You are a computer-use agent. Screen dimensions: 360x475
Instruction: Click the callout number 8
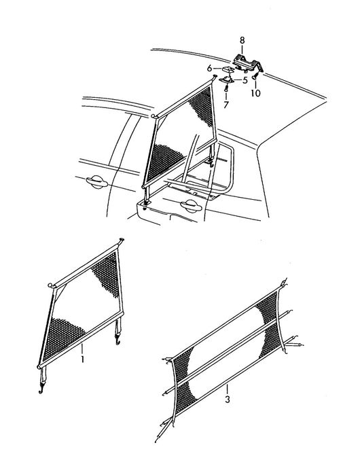[242, 40]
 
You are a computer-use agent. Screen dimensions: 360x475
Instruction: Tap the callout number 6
[209, 69]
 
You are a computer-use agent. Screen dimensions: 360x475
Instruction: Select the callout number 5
[245, 80]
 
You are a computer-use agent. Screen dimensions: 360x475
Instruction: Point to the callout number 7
[226, 105]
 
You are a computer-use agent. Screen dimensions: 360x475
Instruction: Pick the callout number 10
[255, 92]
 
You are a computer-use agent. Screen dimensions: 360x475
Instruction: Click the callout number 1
[82, 359]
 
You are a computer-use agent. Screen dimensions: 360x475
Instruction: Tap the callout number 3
[228, 400]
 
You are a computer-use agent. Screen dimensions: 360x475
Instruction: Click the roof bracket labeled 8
[248, 63]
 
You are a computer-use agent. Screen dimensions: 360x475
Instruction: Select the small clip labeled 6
[228, 69]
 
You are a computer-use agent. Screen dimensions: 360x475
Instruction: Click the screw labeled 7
[226, 88]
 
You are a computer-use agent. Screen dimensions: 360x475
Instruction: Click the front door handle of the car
[96, 181]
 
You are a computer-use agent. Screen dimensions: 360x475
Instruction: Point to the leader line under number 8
[242, 50]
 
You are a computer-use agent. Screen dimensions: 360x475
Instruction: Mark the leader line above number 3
[227, 389]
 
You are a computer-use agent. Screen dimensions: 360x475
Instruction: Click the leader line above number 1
[82, 349]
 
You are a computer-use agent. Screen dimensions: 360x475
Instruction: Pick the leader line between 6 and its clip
[218, 69]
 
